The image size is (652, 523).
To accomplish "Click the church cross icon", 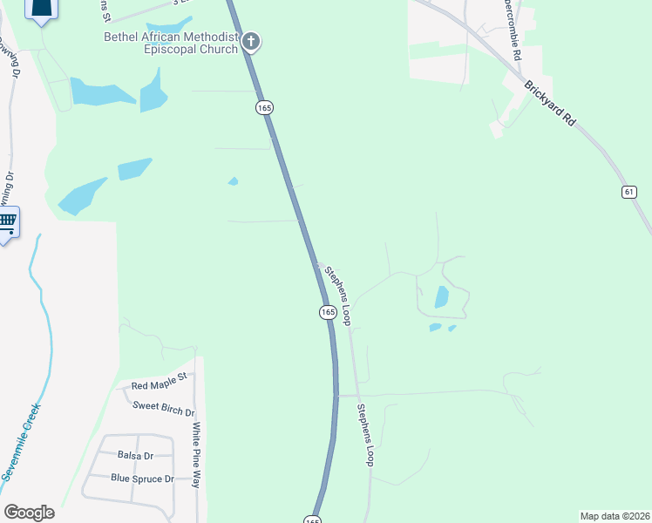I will click(251, 41).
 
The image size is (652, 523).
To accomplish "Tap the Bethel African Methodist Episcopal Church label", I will click(171, 43).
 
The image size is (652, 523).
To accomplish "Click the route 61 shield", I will click(629, 192).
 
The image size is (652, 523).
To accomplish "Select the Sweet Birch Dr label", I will click(164, 406).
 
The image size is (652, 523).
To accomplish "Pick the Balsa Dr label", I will click(135, 455).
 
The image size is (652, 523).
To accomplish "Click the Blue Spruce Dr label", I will click(143, 479).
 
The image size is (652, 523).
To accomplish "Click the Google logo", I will click(29, 513).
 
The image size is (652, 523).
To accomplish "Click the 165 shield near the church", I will click(265, 107).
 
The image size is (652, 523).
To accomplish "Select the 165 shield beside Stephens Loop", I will click(327, 312).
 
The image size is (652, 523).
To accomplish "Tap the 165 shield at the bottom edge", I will click(312, 519).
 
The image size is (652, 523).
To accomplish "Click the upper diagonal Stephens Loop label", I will click(337, 295).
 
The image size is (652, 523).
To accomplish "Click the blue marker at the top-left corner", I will click(41, 8).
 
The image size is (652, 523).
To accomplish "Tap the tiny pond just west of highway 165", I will click(233, 181).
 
